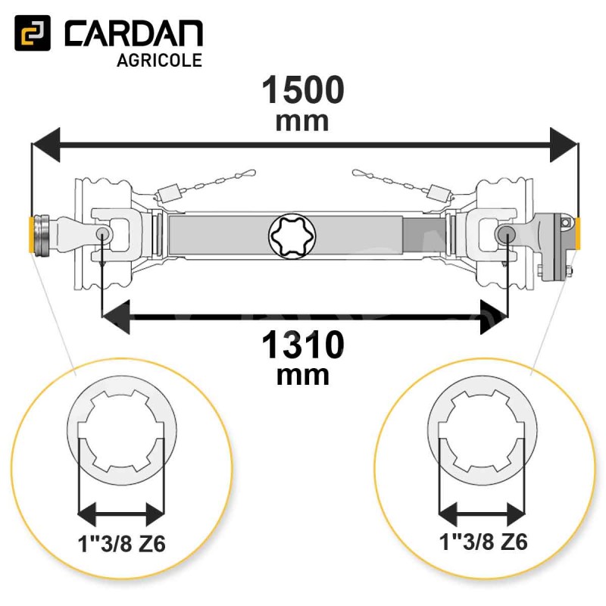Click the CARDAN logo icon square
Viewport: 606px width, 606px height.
click(33, 33)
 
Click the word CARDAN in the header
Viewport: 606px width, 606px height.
click(134, 34)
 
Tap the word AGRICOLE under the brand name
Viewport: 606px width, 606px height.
click(159, 61)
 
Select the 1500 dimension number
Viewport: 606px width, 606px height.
click(302, 90)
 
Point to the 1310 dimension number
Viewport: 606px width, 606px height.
click(302, 345)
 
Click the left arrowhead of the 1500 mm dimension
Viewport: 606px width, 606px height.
click(45, 145)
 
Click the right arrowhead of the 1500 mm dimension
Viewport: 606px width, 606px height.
click(564, 145)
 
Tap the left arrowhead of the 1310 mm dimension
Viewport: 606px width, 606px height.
click(115, 317)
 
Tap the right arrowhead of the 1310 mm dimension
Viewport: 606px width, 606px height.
click(494, 317)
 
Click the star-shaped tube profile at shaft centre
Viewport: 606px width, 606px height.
click(292, 236)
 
